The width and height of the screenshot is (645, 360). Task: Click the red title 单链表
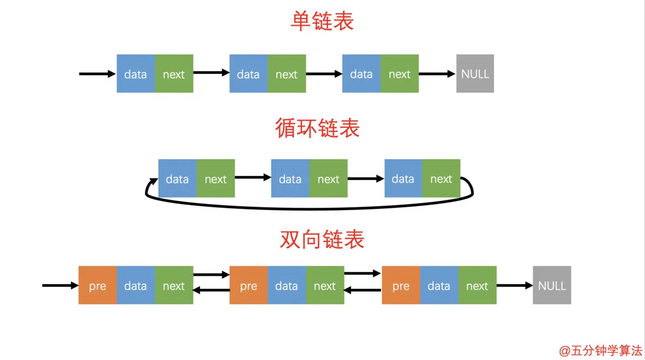point(322,22)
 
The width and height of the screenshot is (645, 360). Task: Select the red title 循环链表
point(317,128)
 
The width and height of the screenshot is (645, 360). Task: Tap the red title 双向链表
point(322,239)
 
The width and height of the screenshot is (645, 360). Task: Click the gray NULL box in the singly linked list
point(475,74)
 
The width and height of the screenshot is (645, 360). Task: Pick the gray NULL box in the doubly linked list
point(552,285)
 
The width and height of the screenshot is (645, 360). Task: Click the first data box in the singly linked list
point(136,74)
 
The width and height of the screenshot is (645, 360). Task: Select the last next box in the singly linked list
point(399,74)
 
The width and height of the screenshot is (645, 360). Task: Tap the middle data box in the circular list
point(290,179)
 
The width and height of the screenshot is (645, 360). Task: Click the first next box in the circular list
point(215,179)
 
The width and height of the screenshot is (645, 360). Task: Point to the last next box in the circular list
point(441,179)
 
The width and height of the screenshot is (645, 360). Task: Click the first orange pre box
point(97,285)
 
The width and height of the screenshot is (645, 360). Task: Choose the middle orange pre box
point(249,285)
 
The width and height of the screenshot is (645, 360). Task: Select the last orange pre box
point(401,285)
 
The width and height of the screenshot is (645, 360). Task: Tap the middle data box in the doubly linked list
point(287,285)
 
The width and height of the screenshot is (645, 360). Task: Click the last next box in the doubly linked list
point(477,285)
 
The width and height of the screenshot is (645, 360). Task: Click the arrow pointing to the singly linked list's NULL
point(437,74)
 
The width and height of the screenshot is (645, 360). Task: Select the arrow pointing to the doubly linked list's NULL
point(514,285)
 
